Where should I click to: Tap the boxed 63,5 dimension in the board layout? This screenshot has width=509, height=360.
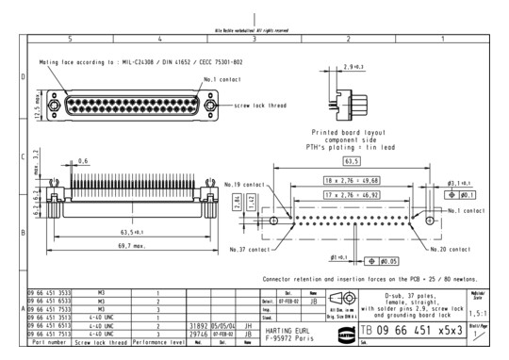tap(355, 161)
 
